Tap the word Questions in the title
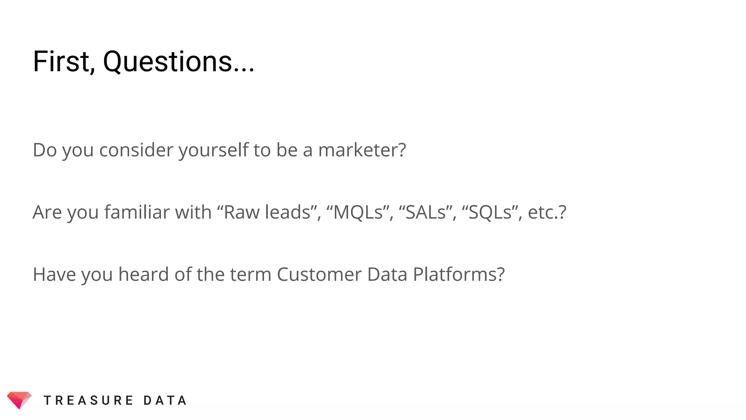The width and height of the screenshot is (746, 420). click(x=168, y=62)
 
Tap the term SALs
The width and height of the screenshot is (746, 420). click(x=425, y=212)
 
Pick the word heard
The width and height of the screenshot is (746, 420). click(x=143, y=275)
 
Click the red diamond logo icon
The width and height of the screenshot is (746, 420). click(x=19, y=400)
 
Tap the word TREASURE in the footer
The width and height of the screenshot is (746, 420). click(x=89, y=401)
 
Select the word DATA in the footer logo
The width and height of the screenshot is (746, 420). click(x=165, y=401)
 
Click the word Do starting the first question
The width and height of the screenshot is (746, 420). click(x=45, y=150)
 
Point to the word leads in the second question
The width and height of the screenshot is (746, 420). click(x=288, y=212)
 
